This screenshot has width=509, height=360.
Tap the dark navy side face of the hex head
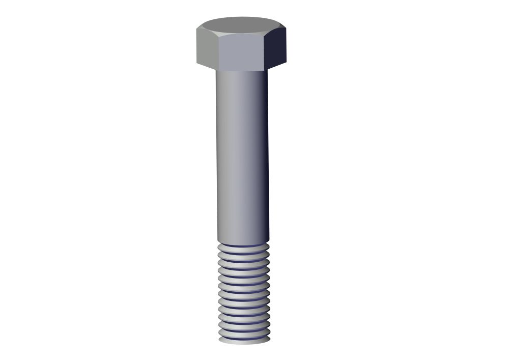pyautogui.click(x=277, y=47)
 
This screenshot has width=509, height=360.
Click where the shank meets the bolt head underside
pyautogui.click(x=242, y=70)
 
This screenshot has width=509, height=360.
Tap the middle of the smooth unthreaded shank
pyautogui.click(x=242, y=153)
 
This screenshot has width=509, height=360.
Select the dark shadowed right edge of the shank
pyautogui.click(x=266, y=153)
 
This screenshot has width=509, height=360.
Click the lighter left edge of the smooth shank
pyautogui.click(x=219, y=153)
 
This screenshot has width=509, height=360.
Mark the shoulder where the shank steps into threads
pyautogui.click(x=243, y=242)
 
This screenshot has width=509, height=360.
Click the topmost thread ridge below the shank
pyautogui.click(x=243, y=246)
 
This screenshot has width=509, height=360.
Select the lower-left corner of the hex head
pyautogui.click(x=197, y=63)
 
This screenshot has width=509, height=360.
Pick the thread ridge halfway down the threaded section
pyautogui.click(x=244, y=293)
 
